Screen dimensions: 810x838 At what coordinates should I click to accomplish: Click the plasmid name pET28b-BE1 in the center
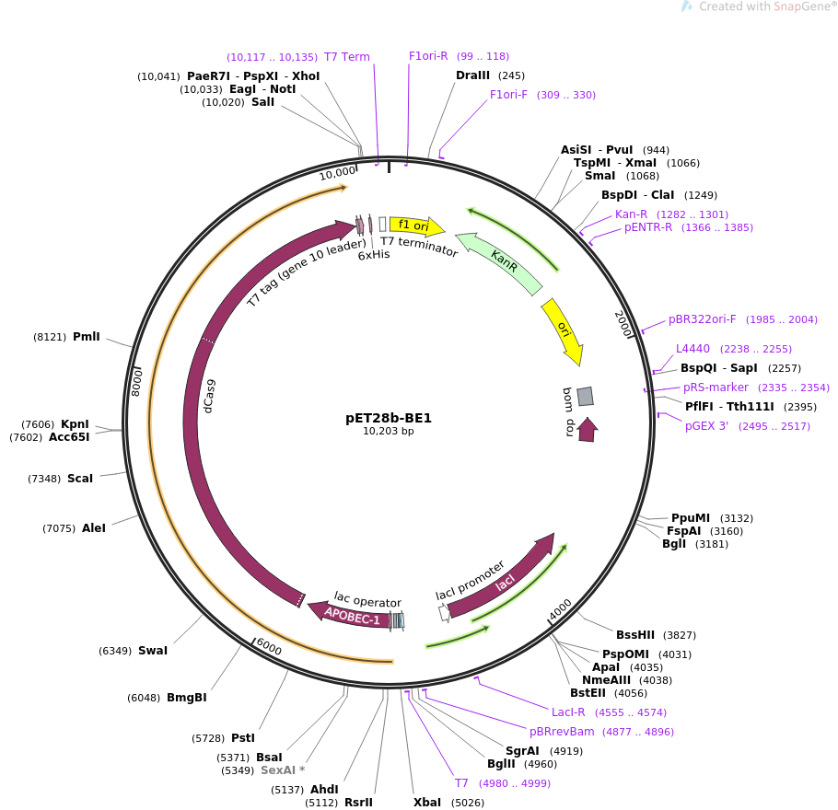pos(389,417)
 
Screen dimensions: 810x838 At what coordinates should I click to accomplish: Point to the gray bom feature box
pos(585,396)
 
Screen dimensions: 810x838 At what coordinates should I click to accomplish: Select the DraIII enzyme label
pos(477,75)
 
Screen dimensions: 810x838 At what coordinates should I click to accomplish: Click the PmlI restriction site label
pos(86,337)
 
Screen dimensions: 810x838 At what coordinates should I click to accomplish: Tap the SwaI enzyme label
pos(153,651)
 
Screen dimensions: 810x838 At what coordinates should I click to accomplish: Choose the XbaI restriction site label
pos(427,803)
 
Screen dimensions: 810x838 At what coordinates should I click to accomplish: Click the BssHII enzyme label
pos(635,635)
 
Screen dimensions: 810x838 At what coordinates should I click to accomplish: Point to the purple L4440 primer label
pos(693,349)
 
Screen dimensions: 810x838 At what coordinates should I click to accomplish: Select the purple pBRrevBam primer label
pos(562,732)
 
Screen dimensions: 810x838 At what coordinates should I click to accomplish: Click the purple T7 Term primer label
pos(347,57)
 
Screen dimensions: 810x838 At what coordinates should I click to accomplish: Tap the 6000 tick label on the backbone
pos(268,648)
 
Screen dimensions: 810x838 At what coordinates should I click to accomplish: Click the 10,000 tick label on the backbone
pos(337,172)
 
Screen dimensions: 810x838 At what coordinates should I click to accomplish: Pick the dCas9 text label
pos(210,396)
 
